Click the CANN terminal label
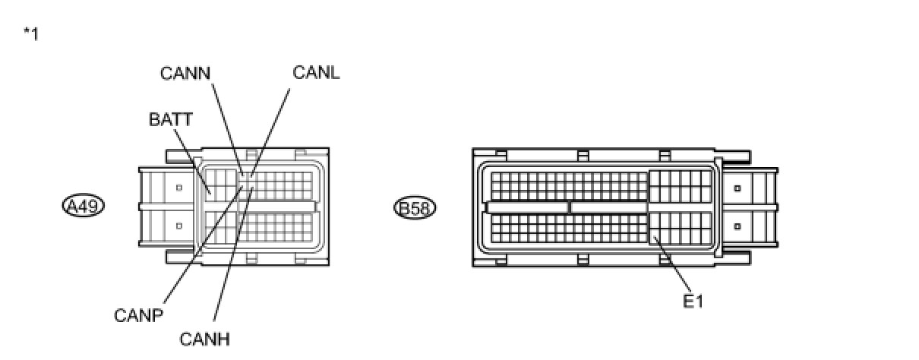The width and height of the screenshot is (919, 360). point(185,73)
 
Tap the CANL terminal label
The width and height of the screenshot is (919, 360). point(316,73)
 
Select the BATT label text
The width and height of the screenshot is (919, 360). point(171,119)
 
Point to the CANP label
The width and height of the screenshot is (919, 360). point(138,315)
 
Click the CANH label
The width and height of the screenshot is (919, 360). point(204,339)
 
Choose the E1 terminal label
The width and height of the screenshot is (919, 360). point(693,302)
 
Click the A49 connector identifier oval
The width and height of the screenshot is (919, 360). point(84,206)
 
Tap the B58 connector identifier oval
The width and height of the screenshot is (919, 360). point(415,207)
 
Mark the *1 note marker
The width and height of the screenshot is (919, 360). point(31,34)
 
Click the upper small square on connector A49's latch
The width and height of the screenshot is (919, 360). point(178,187)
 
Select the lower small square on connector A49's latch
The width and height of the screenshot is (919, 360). point(178,226)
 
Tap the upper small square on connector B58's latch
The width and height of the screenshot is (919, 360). point(737,187)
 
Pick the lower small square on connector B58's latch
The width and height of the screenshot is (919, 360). point(737,226)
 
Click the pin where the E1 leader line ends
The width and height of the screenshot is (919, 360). point(654,238)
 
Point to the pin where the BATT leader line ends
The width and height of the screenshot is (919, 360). point(210,193)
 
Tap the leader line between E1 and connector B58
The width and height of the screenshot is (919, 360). point(672,266)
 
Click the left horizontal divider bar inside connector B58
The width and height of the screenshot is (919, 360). point(527,207)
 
